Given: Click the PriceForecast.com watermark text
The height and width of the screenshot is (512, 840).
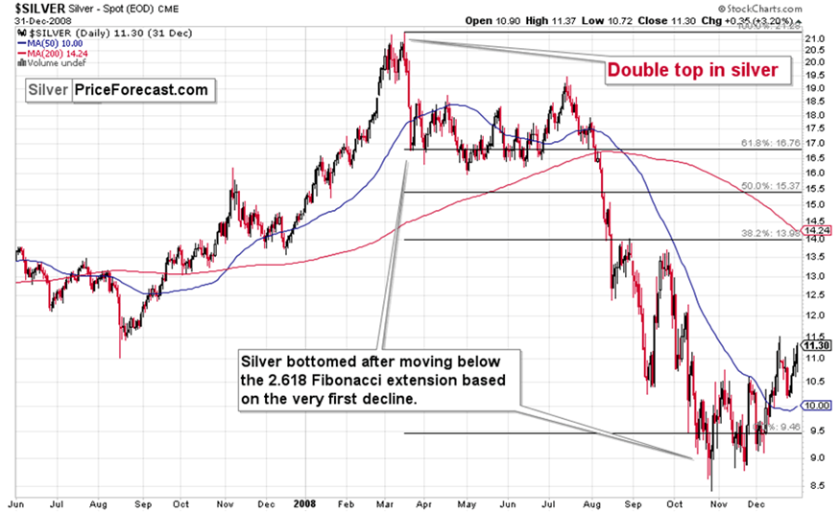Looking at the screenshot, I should coord(140,90).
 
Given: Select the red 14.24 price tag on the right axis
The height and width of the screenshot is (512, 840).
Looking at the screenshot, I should coord(816,230).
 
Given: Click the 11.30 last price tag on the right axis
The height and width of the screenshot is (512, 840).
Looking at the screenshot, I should coord(816,346).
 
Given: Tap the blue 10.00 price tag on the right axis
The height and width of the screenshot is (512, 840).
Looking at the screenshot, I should coord(816,406).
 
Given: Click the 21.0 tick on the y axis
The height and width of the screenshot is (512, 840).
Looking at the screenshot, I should coord(815,39).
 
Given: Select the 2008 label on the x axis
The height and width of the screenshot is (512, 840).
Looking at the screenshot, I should coord(304,502).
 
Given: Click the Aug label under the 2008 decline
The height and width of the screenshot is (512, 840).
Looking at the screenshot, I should coord(588,502).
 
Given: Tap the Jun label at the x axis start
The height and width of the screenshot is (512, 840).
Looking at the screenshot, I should coord(16,502).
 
